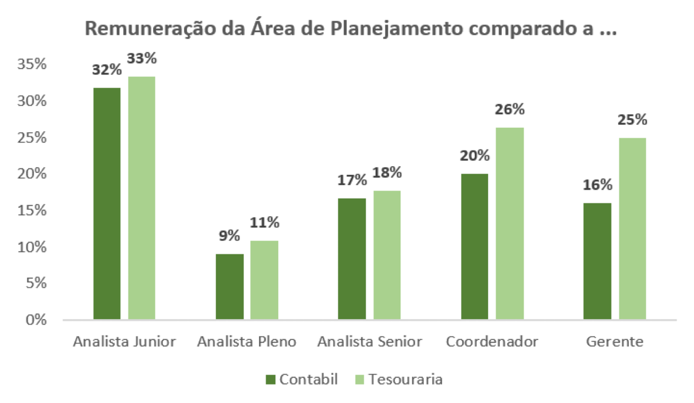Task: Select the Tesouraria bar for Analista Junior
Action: click(x=142, y=198)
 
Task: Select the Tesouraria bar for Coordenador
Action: click(x=509, y=223)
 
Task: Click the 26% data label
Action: click(x=509, y=110)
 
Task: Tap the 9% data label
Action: click(x=229, y=236)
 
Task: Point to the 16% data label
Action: click(x=597, y=185)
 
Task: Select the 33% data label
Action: click(x=142, y=58)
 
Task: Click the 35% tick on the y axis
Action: click(x=32, y=64)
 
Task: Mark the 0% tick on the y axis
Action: click(x=36, y=319)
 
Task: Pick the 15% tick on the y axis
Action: click(x=32, y=210)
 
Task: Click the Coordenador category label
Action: click(x=492, y=342)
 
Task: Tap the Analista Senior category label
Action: click(x=370, y=342)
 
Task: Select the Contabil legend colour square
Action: click(x=270, y=379)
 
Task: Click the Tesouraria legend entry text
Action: click(x=405, y=379)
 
